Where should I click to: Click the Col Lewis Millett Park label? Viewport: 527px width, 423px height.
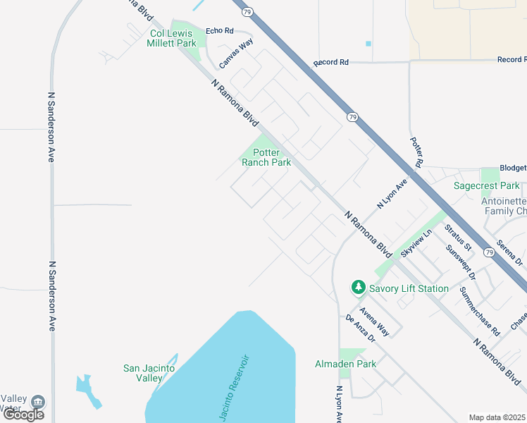pos(173,38)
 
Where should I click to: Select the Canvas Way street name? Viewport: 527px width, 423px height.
pos(236,54)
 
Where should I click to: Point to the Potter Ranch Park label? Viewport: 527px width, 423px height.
pos(266,157)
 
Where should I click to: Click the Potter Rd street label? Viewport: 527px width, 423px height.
pos(416,152)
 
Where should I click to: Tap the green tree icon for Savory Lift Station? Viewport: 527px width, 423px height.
pos(359,288)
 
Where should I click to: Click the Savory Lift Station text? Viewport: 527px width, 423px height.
pos(409,288)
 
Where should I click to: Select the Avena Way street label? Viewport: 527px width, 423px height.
pos(374,321)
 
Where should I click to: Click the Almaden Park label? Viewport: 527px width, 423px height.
pos(345,364)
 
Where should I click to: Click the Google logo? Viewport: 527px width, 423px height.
pos(23,414)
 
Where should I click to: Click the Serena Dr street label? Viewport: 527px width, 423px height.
pos(509,252)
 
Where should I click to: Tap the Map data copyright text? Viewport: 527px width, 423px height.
pos(497,417)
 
